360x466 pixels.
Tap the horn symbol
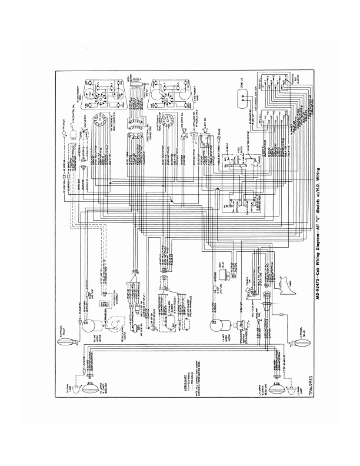click(287, 282)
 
